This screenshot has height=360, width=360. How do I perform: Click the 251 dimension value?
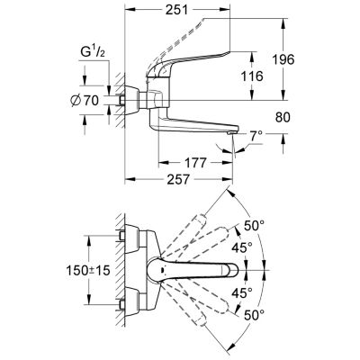176,10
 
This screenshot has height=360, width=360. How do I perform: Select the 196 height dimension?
283,59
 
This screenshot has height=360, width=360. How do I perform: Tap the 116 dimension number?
252,76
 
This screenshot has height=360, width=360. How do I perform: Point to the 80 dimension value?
283,117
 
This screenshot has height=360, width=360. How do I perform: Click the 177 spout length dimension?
195,163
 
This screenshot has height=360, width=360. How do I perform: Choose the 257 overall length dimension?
178,180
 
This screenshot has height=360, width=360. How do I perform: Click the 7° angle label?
256,137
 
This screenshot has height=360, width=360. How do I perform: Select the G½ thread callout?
93,52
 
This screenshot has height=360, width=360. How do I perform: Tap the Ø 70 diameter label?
85,101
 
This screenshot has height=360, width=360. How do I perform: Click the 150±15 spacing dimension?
88,271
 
